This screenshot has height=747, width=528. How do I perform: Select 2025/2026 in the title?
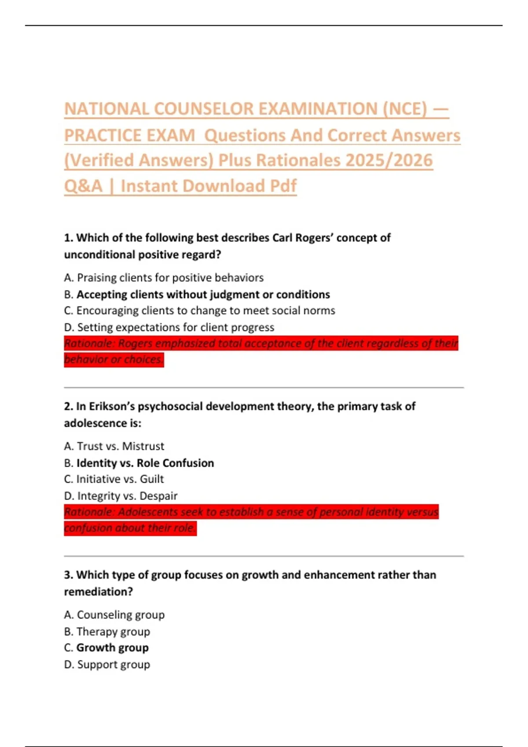click(389, 160)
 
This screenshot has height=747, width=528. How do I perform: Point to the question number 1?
click(68, 238)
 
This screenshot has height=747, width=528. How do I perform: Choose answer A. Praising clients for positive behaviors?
click(164, 278)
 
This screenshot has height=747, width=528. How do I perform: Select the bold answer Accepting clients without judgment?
click(203, 294)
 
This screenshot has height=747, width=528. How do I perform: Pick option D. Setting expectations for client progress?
click(169, 327)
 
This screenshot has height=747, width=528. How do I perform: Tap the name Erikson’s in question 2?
click(112, 406)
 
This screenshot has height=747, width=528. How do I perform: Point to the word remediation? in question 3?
click(98, 592)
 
